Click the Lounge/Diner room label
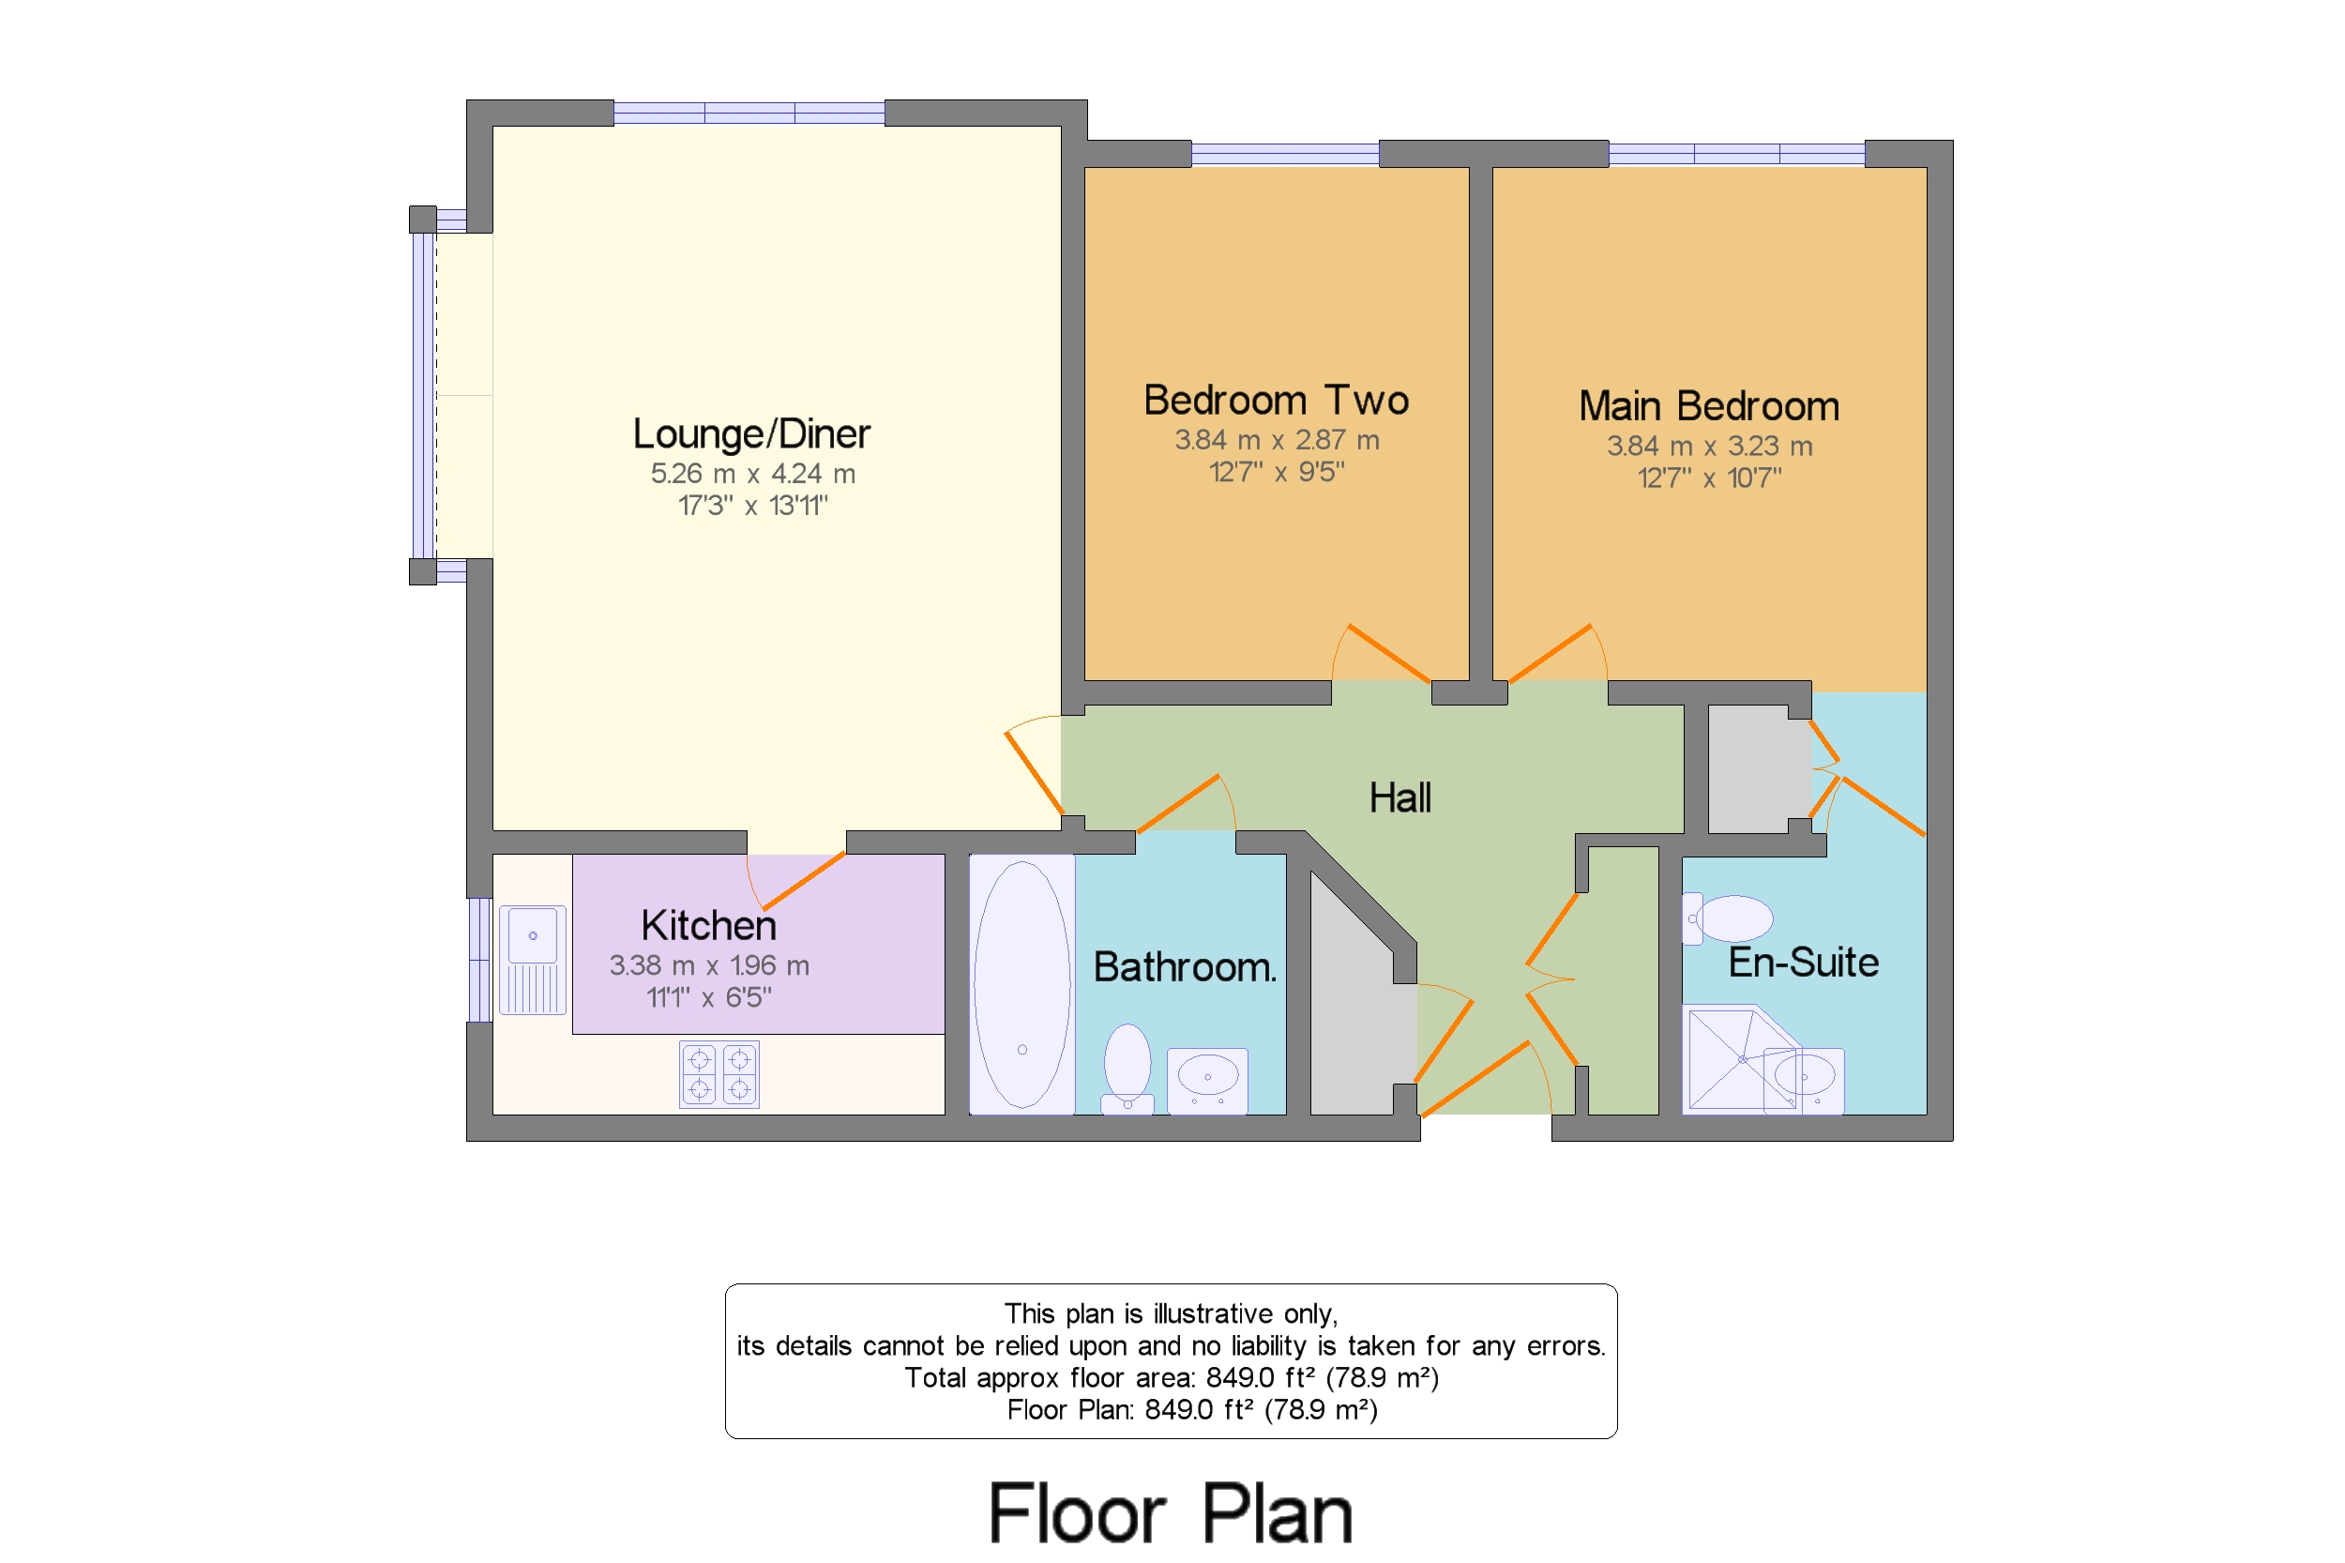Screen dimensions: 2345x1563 (751, 433)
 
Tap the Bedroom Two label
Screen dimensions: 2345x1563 (1276, 400)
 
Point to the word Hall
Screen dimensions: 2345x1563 (1400, 797)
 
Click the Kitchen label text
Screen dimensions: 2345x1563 (708, 925)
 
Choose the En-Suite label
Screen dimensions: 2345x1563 (1804, 962)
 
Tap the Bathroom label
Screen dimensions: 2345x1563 (1185, 967)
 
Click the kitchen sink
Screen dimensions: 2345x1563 (532, 960)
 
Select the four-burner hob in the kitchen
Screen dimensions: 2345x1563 (719, 1074)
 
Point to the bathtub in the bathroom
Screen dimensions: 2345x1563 (1021, 984)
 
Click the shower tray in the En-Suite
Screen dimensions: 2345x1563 (1741, 1059)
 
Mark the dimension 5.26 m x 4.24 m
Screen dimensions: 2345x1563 (753, 474)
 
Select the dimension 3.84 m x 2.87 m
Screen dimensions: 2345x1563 (1277, 440)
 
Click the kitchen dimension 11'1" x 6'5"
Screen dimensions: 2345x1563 (708, 996)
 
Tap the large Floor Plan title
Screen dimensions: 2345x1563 (1170, 1513)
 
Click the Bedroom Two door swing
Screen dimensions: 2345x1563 (1381, 653)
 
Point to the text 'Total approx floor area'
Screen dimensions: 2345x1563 (1051, 1377)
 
